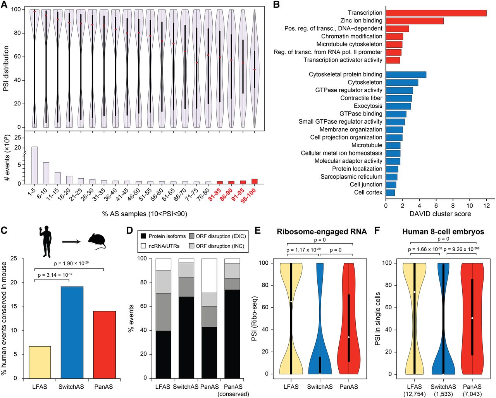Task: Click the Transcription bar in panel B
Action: coord(436,13)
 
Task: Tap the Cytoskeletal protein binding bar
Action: coord(406,74)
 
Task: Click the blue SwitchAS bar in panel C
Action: coord(72,333)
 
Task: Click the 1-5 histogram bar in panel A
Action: coord(34,165)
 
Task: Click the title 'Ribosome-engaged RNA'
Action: coord(321,232)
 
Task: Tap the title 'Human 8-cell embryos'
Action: coord(443,232)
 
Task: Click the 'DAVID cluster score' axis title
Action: coord(440,214)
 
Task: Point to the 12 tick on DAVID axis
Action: coord(487,205)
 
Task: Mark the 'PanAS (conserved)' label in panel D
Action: coord(233,390)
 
